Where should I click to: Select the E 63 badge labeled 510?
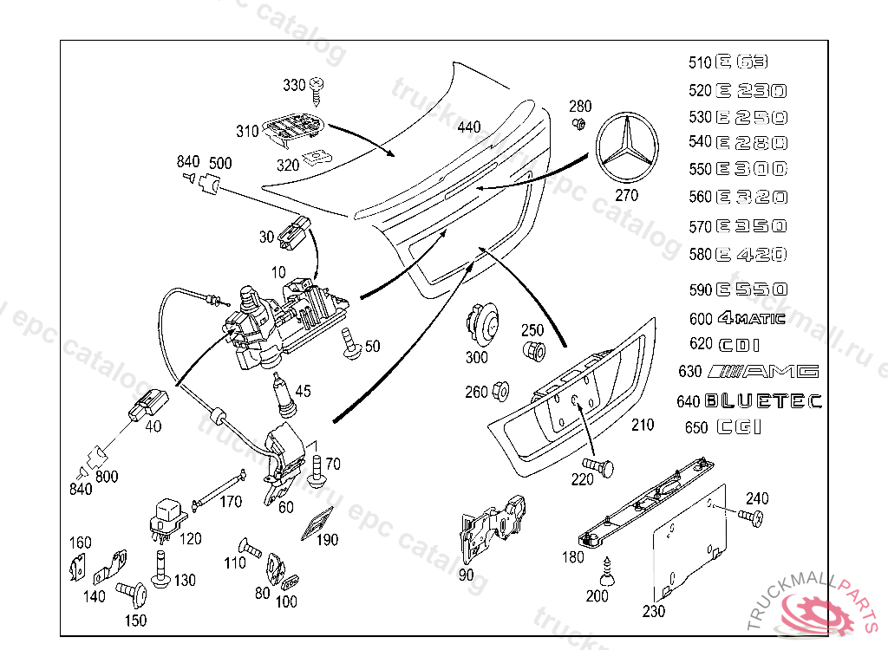[x=742, y=62]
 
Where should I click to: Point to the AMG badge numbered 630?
[x=762, y=372]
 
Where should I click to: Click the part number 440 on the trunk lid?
[x=468, y=127]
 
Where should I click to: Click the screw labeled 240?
[x=750, y=517]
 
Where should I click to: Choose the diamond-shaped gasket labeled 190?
[x=316, y=524]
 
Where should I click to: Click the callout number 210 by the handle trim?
[x=643, y=426]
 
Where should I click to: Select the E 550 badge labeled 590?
[x=751, y=289]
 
